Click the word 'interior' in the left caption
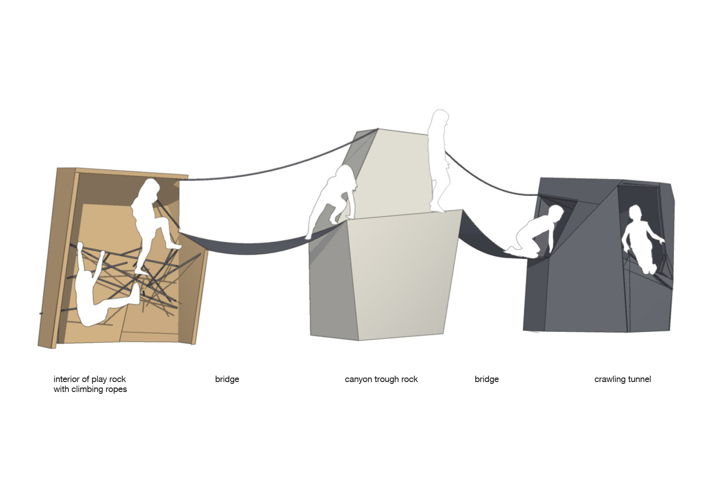coord(68,379)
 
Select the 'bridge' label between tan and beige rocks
coord(227,379)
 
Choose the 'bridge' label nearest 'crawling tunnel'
coord(487,379)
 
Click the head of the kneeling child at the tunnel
coord(556,213)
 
